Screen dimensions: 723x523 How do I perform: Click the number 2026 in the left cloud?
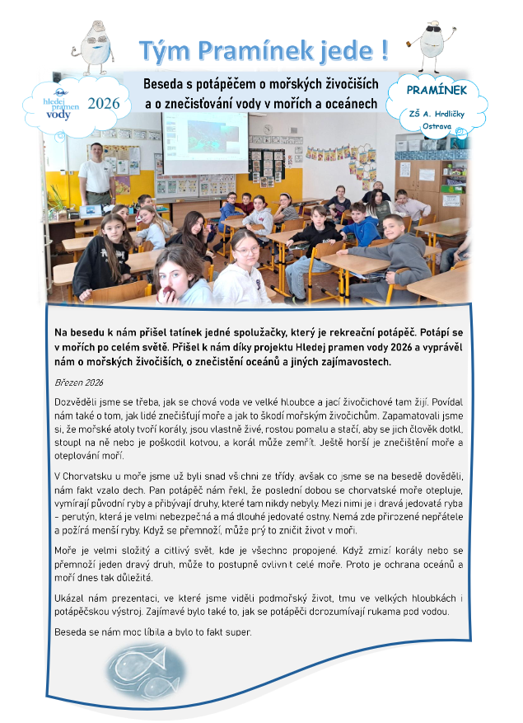[103, 104]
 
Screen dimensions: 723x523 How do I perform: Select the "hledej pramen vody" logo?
[60, 105]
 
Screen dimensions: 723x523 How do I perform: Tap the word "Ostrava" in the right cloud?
[436, 128]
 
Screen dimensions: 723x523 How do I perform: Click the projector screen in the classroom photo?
[205, 141]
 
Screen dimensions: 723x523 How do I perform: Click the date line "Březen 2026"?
[77, 382]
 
